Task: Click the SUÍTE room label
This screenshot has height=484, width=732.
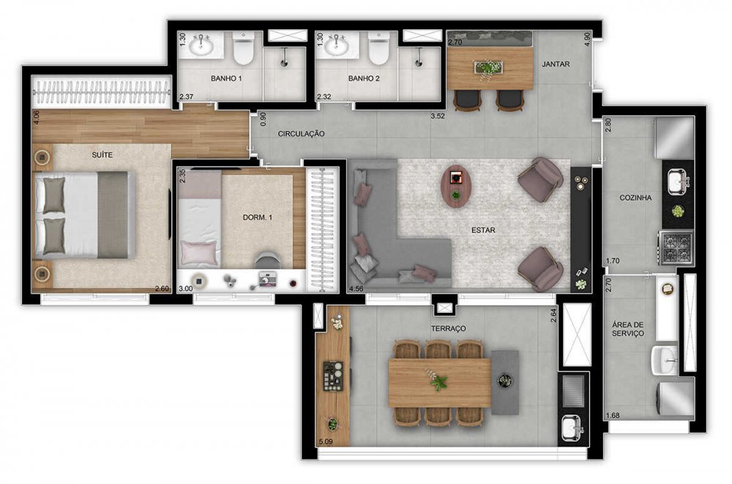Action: click(102, 155)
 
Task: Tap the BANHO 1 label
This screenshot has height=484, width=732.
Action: click(226, 78)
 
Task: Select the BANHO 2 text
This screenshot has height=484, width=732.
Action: click(364, 78)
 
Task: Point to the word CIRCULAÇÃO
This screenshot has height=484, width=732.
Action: click(301, 134)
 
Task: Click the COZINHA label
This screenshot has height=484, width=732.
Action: click(635, 197)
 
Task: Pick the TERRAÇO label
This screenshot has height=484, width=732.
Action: click(448, 328)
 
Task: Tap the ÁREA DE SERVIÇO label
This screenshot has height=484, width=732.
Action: click(628, 329)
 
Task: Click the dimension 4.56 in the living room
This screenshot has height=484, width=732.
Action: click(356, 289)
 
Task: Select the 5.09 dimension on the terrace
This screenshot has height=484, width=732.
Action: click(326, 441)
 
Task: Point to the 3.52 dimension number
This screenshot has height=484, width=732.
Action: click(438, 116)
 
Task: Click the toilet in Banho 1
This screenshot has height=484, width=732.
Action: click(243, 48)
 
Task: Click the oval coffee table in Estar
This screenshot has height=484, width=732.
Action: click(455, 186)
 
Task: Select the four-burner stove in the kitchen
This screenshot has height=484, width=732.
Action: click(675, 248)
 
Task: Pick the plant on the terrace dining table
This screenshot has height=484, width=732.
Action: click(438, 380)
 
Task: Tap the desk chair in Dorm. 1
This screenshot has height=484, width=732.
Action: click(267, 260)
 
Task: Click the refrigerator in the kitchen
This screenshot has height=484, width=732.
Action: click(675, 138)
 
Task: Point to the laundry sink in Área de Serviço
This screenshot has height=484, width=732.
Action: click(665, 360)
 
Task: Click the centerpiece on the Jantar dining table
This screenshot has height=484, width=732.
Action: click(488, 67)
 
